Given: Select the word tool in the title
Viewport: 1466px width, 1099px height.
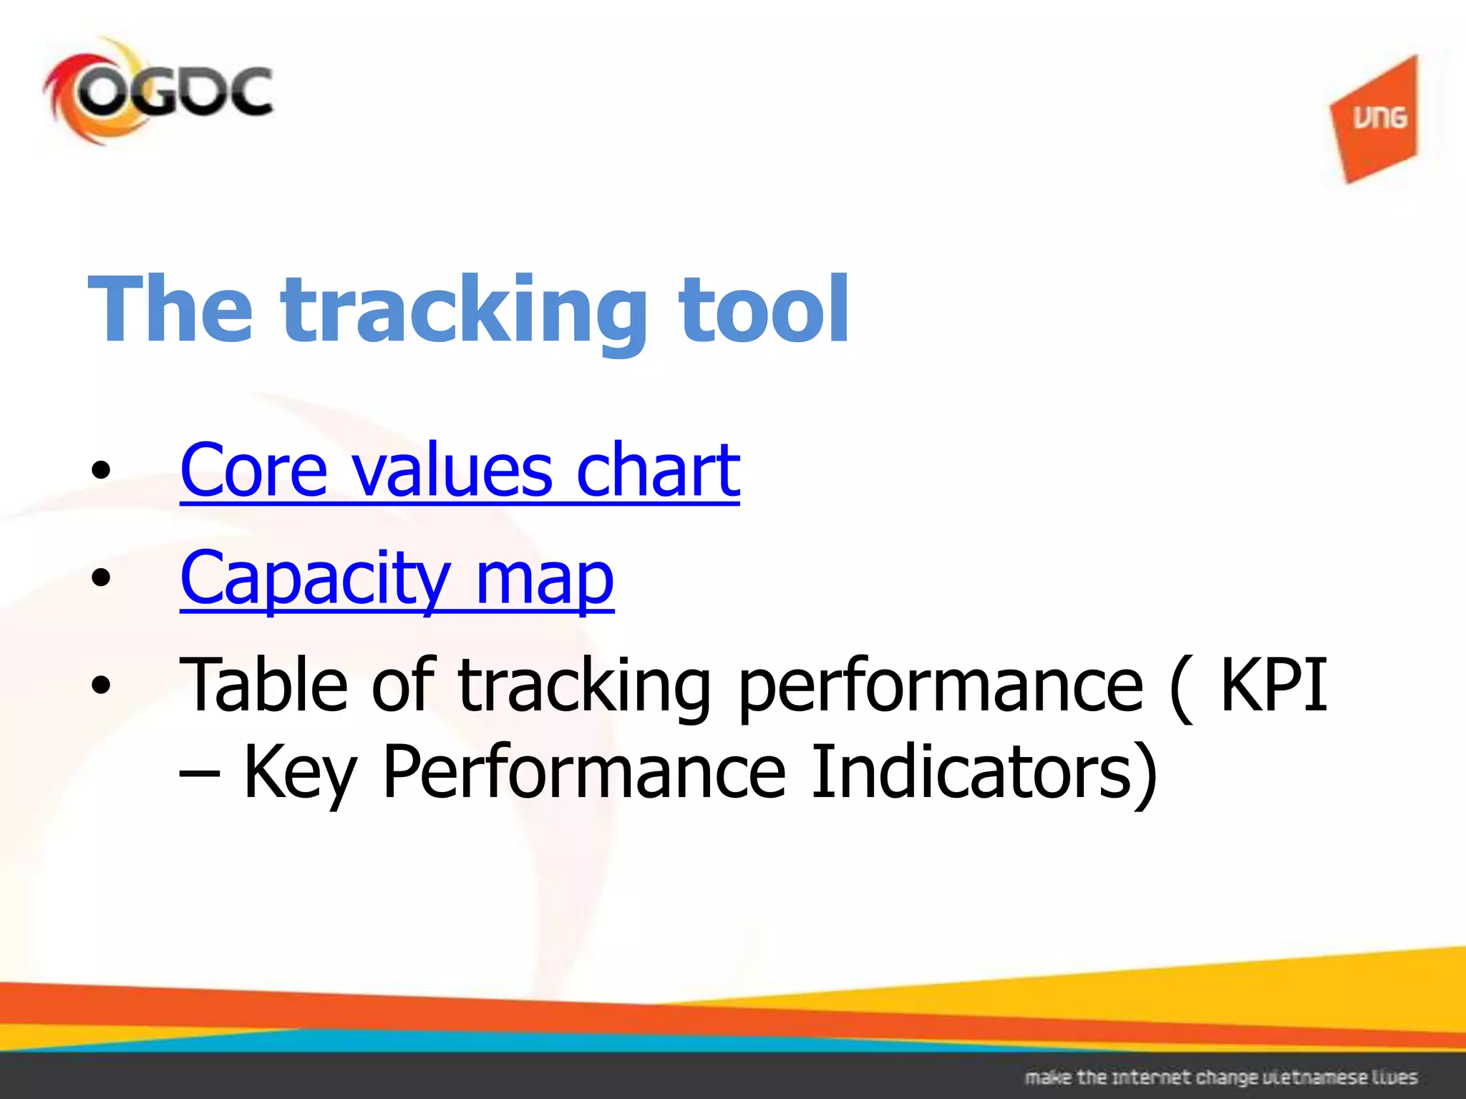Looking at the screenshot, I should click(x=763, y=309).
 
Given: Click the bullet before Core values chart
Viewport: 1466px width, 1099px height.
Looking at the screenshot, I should click(x=101, y=471).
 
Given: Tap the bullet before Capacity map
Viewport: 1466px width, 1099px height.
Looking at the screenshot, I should click(x=101, y=578).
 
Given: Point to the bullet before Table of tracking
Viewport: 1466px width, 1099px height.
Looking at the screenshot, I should click(x=101, y=685).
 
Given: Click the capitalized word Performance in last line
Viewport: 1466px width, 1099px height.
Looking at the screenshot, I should click(x=584, y=773).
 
